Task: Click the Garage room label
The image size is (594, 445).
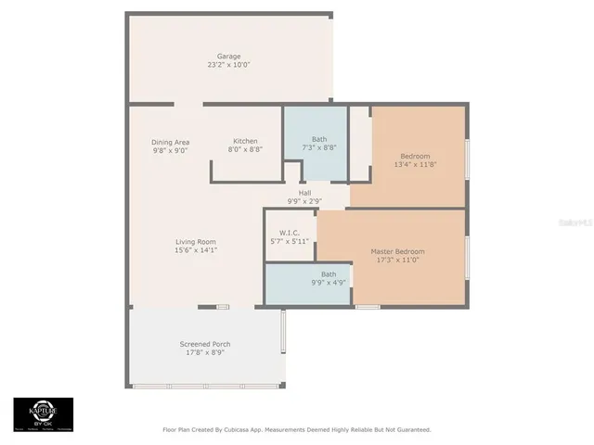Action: [x=228, y=56]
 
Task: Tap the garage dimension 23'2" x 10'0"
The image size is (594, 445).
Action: [x=228, y=65]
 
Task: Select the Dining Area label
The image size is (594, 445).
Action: [x=170, y=142]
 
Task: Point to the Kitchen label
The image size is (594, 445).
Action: [x=245, y=141]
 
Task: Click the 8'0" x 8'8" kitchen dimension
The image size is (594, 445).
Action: [x=245, y=149]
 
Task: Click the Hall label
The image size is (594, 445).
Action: [x=304, y=193]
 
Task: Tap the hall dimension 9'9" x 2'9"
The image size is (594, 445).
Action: [x=304, y=201]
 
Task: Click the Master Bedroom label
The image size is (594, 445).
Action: [x=397, y=251]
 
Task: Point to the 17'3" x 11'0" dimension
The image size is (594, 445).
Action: [x=397, y=260]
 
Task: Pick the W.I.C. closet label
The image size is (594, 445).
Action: [x=290, y=233]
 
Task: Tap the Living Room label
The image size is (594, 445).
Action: [x=195, y=241]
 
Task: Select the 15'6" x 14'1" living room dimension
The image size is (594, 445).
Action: [x=195, y=250]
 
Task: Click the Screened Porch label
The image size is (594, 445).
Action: [x=205, y=344]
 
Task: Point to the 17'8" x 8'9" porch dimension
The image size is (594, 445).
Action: [x=205, y=352]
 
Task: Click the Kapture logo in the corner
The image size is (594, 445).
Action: [x=43, y=414]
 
